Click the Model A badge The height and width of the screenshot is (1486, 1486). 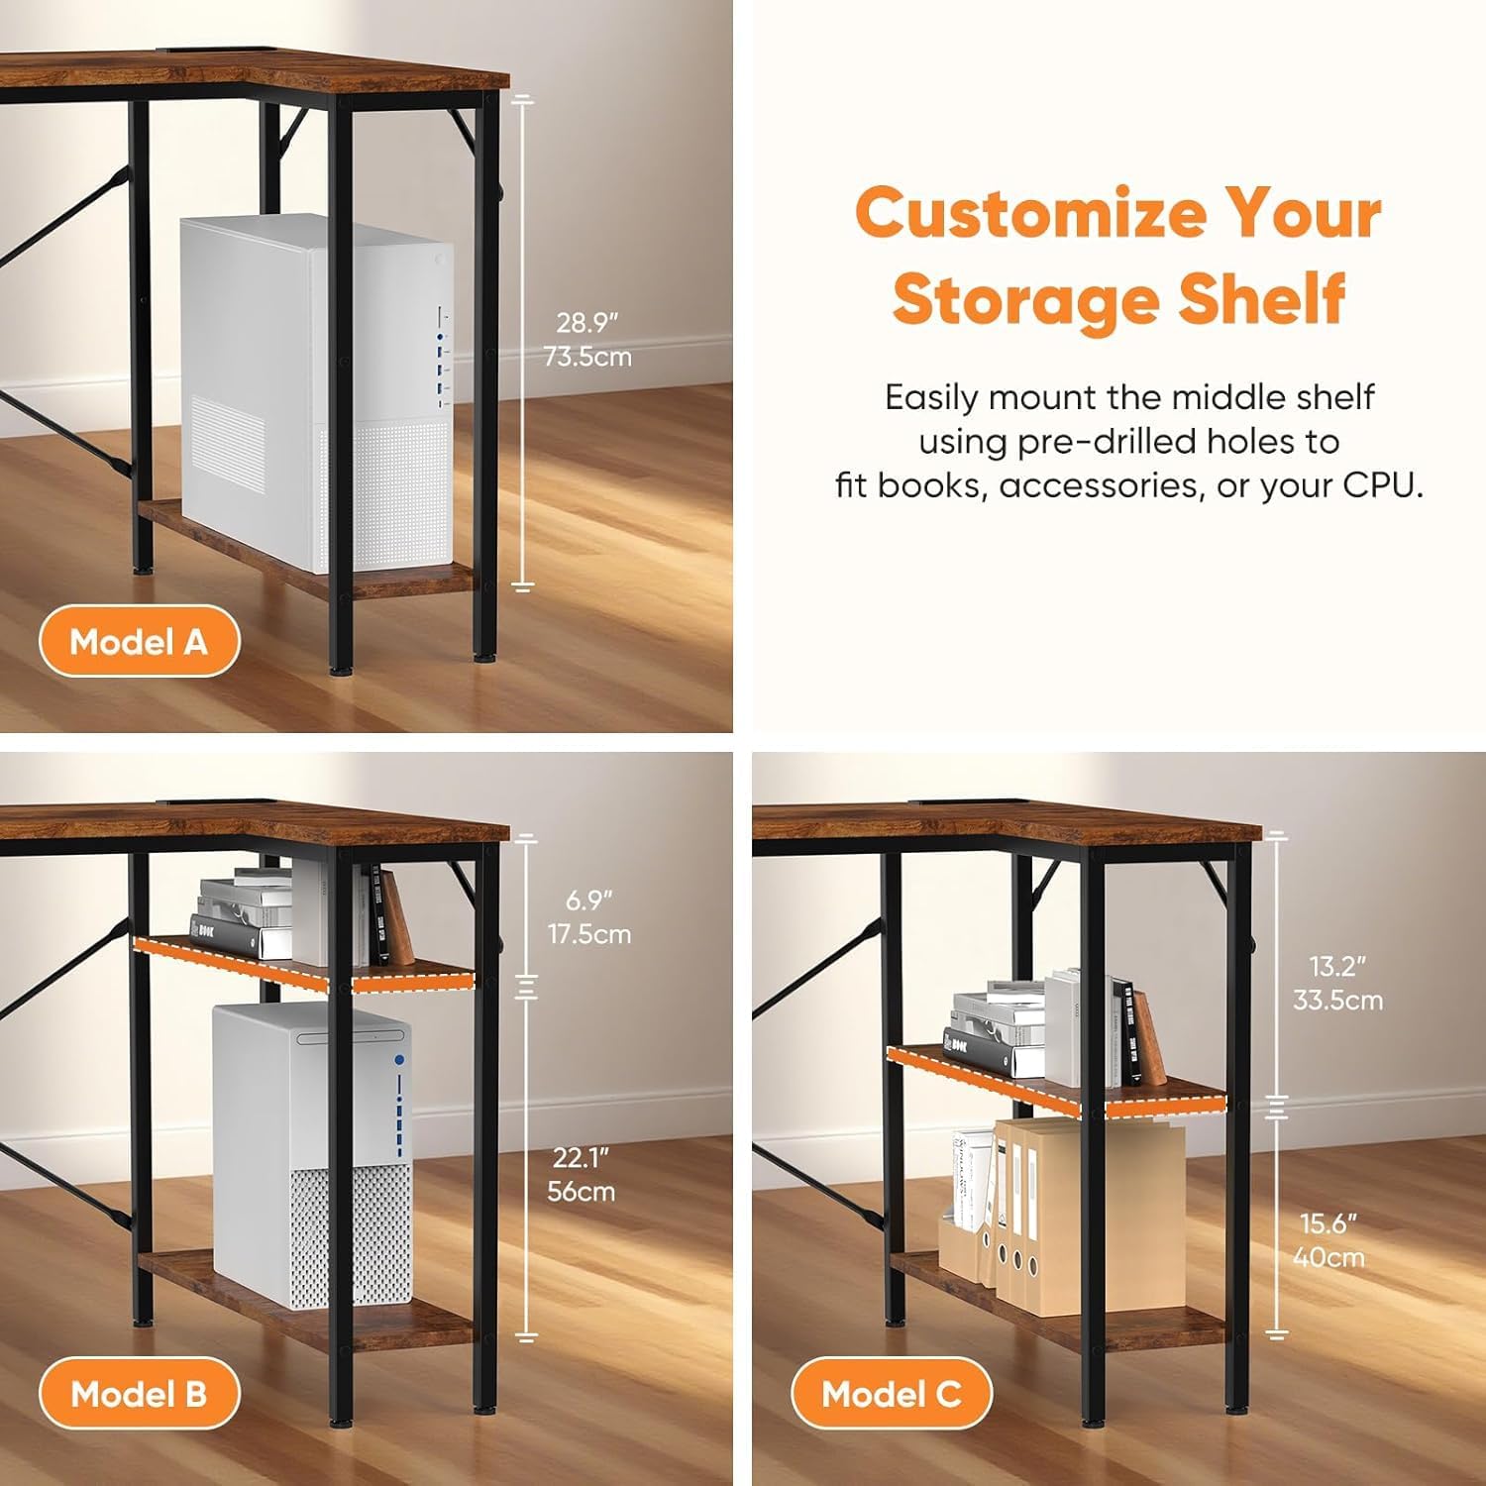click(x=139, y=641)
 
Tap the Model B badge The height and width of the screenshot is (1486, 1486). click(x=139, y=1394)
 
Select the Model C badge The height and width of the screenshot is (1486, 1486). click(x=892, y=1394)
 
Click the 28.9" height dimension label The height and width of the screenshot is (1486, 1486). click(x=586, y=322)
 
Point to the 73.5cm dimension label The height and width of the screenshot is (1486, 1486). click(x=586, y=356)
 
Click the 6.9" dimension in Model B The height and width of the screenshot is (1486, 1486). click(x=589, y=900)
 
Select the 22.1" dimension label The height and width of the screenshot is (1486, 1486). click(x=582, y=1156)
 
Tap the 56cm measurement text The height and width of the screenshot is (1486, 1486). click(x=582, y=1190)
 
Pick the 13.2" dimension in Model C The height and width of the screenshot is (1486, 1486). click(x=1337, y=965)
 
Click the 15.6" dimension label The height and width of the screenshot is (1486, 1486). click(x=1328, y=1222)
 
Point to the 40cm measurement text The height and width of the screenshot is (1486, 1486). click(x=1328, y=1256)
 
